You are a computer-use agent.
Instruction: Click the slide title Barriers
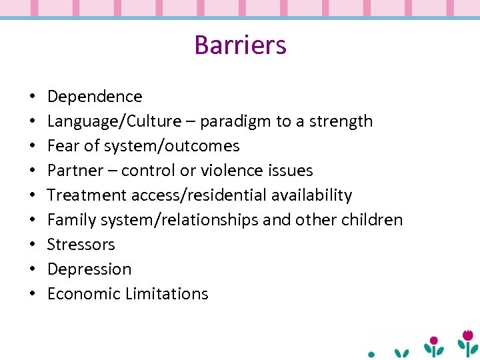(x=240, y=45)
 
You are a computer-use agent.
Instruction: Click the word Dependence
(x=95, y=97)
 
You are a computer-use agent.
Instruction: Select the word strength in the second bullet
(x=339, y=121)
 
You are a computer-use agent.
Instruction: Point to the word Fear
(x=62, y=146)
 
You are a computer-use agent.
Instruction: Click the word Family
(x=70, y=220)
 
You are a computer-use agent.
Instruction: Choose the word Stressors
(x=81, y=245)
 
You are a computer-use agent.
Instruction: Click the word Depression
(x=89, y=269)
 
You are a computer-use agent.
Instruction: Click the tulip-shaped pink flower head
(x=469, y=334)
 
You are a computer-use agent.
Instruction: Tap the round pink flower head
(x=434, y=340)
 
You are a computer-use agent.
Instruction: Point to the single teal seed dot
(x=372, y=354)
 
